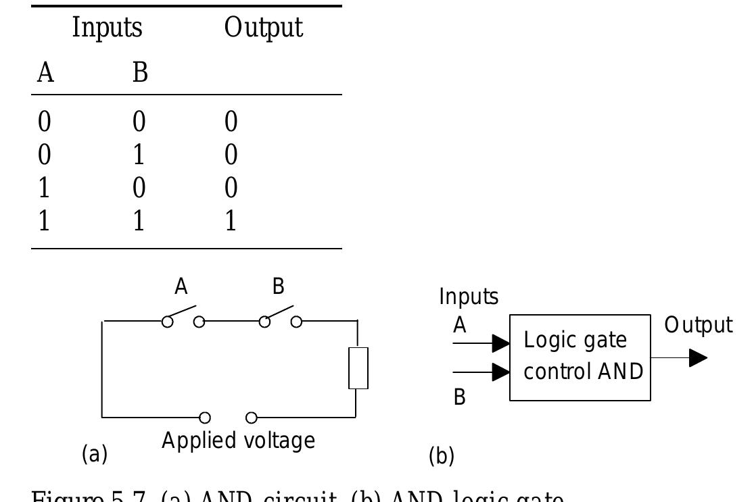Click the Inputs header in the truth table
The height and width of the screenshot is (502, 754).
pyautogui.click(x=108, y=28)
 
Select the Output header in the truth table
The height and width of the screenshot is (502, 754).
pyautogui.click(x=264, y=28)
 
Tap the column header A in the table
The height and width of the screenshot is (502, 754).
pyautogui.click(x=45, y=72)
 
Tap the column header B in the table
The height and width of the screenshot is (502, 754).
pyautogui.click(x=139, y=72)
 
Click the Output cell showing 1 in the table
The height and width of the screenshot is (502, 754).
pyautogui.click(x=231, y=221)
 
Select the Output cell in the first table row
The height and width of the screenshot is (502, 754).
pyautogui.click(x=231, y=124)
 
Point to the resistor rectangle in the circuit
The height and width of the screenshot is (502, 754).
pyautogui.click(x=358, y=368)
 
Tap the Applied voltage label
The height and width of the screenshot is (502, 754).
pyautogui.click(x=238, y=441)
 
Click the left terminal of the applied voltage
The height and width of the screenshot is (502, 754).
pyautogui.click(x=204, y=417)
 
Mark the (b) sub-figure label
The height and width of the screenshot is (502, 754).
pyautogui.click(x=442, y=457)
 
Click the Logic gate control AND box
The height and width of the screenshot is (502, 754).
pyautogui.click(x=580, y=357)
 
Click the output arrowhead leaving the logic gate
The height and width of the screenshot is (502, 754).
pyautogui.click(x=698, y=357)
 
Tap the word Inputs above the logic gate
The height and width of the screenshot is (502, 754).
pyautogui.click(x=469, y=297)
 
